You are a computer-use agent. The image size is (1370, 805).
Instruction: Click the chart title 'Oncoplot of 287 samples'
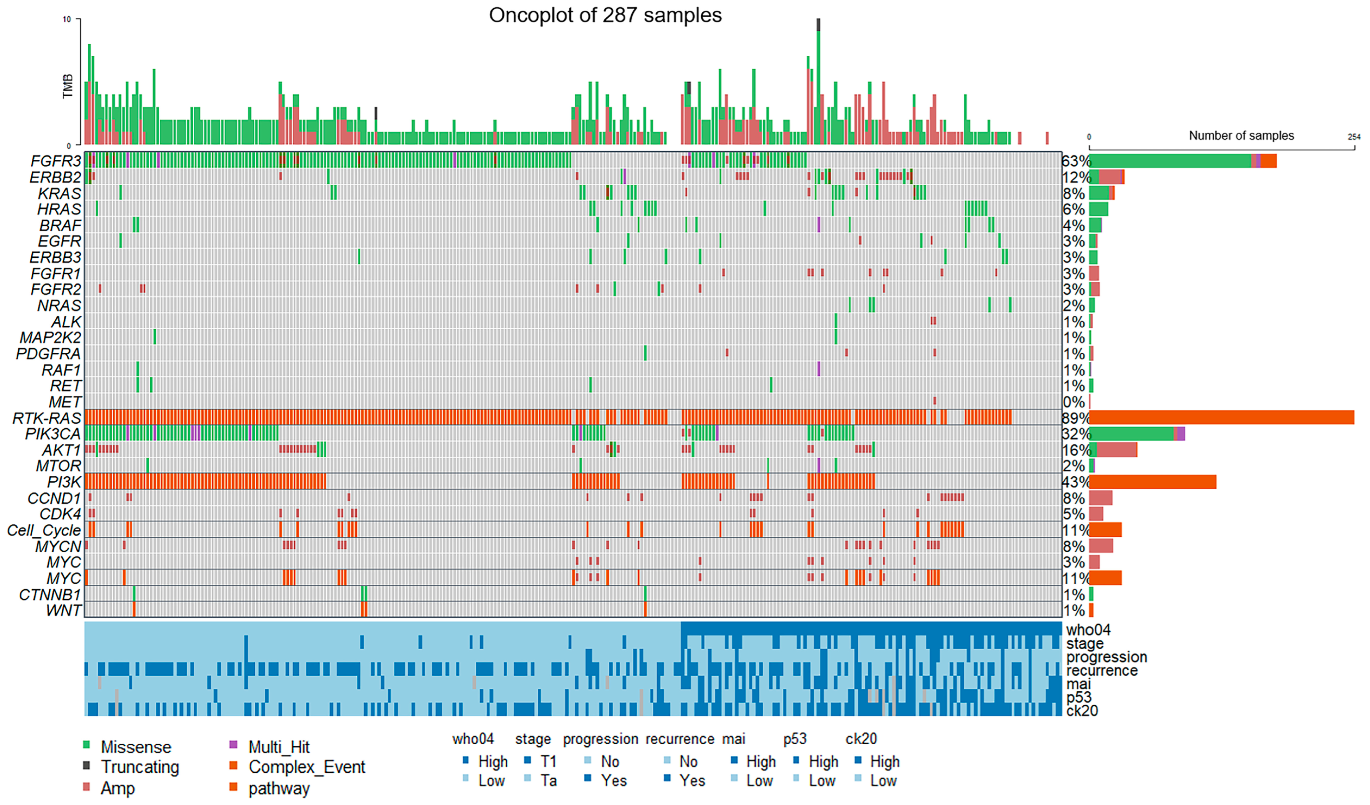pyautogui.click(x=605, y=15)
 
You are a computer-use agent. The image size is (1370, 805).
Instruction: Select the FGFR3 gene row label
pyautogui.click(x=55, y=161)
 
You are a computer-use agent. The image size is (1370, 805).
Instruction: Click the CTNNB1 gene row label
pyautogui.click(x=50, y=595)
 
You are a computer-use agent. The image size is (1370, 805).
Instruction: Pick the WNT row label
pyautogui.click(x=64, y=610)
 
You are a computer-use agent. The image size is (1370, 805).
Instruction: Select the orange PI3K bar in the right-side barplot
pyautogui.click(x=1152, y=482)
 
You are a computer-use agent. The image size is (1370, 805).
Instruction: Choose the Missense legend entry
pyautogui.click(x=135, y=747)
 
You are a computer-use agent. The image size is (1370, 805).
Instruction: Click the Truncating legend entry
pyautogui.click(x=140, y=767)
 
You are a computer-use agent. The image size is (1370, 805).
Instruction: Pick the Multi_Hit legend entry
pyautogui.click(x=279, y=747)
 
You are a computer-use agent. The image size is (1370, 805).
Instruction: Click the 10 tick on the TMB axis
pyautogui.click(x=67, y=20)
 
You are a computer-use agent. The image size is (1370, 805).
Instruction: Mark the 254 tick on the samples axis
pyautogui.click(x=1354, y=137)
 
